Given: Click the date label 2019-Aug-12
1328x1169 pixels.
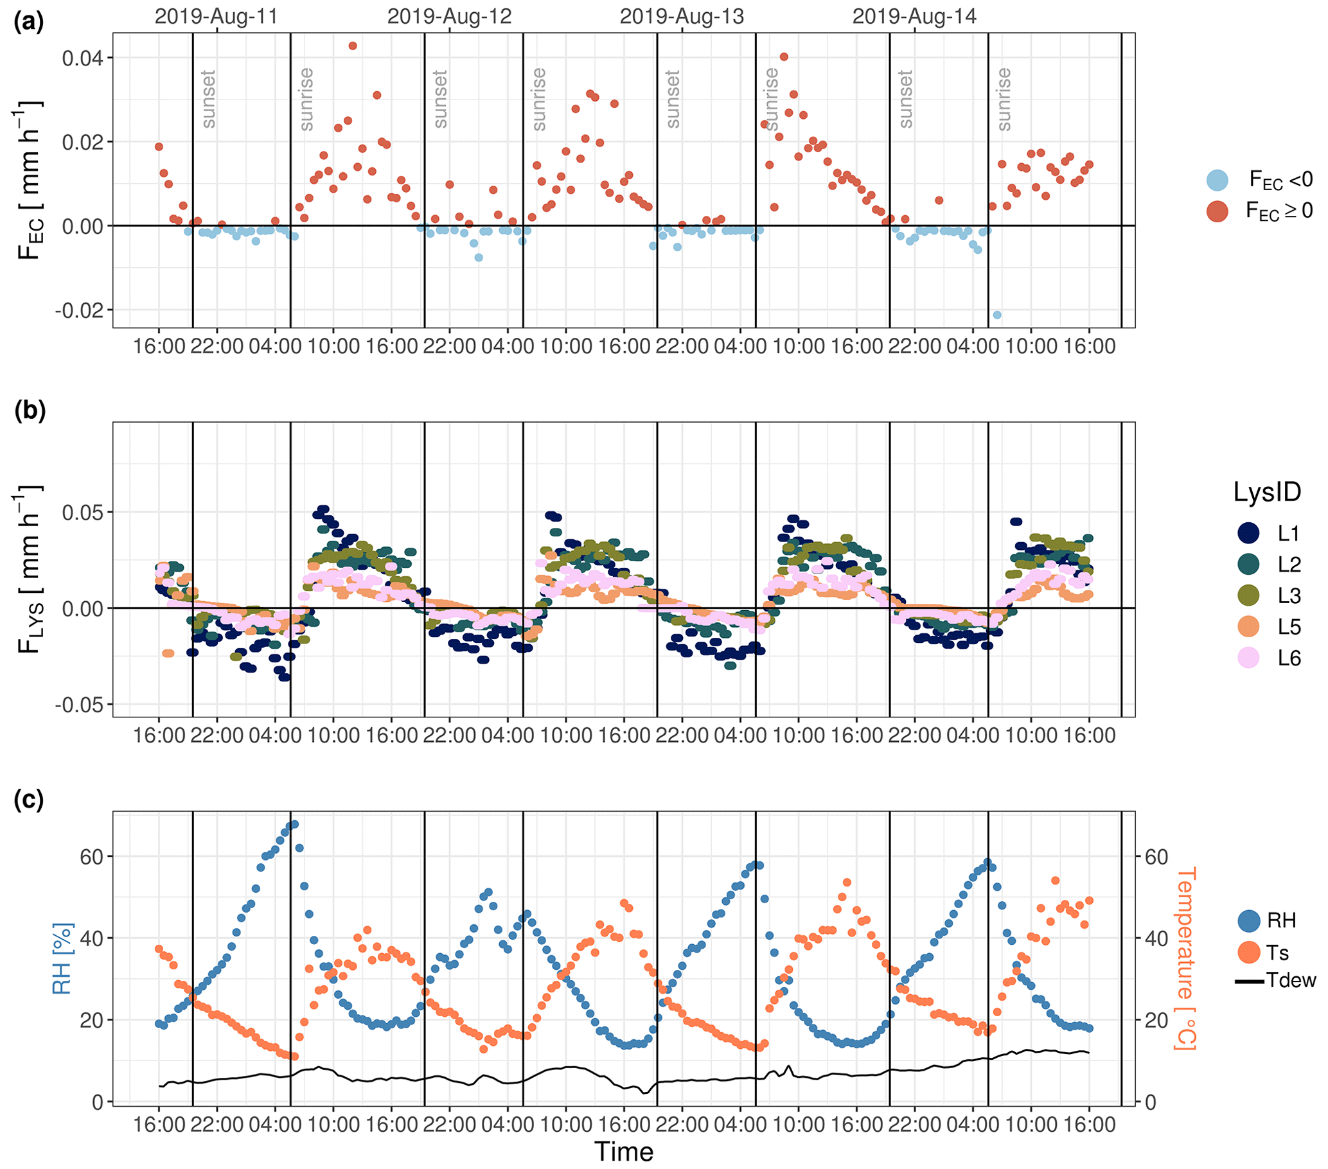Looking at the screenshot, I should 450,16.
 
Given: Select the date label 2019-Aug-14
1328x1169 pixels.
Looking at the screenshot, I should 914,16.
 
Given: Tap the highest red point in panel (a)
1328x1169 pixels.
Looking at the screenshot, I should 353,46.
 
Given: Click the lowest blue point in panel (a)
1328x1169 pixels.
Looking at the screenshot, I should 997,315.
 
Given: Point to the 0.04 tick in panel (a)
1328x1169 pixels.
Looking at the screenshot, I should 82,58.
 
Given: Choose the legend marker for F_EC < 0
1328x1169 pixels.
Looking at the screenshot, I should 1217,180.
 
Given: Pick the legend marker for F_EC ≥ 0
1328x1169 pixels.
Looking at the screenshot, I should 1217,211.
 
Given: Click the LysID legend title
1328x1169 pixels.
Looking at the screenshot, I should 1267,492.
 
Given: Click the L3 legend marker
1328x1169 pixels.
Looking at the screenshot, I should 1248,595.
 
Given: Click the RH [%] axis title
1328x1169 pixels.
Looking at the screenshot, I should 62,958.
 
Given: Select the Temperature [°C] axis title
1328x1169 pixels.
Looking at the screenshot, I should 1185,958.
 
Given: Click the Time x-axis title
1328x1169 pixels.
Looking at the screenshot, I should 624,1152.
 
